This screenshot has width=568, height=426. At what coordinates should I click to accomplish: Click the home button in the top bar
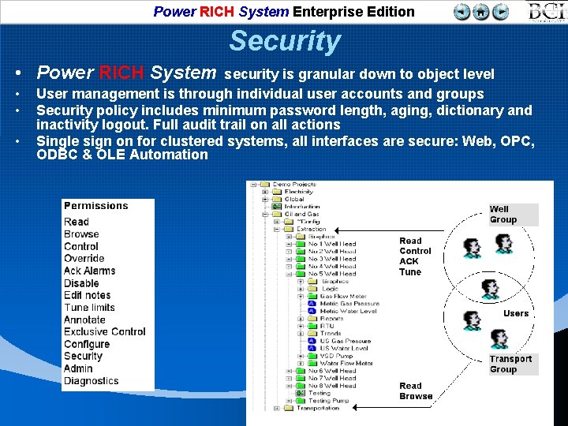pyautogui.click(x=480, y=12)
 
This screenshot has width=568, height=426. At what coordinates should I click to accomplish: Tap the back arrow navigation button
pyautogui.click(x=462, y=12)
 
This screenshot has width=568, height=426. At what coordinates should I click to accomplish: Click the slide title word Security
pyautogui.click(x=285, y=41)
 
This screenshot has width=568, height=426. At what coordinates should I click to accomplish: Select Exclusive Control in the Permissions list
pyautogui.click(x=105, y=332)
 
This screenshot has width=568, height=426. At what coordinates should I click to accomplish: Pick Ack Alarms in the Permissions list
pyautogui.click(x=89, y=271)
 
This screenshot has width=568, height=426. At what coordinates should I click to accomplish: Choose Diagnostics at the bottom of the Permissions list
pyautogui.click(x=91, y=381)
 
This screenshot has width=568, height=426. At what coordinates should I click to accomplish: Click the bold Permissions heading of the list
pyautogui.click(x=95, y=206)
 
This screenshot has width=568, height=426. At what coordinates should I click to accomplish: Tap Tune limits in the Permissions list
pyautogui.click(x=89, y=308)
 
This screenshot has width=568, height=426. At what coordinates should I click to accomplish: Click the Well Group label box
pyautogui.click(x=503, y=215)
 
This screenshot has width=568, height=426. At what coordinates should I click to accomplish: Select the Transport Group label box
pyautogui.click(x=510, y=364)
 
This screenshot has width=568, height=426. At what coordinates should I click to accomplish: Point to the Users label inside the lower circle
pyautogui.click(x=516, y=313)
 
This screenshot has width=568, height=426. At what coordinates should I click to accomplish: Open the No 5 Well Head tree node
pyautogui.click(x=331, y=274)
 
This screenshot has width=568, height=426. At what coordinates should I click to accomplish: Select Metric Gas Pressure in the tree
pyautogui.click(x=349, y=304)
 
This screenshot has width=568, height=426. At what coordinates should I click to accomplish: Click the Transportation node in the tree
pyautogui.click(x=318, y=408)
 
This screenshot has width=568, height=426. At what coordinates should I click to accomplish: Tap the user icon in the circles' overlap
pyautogui.click(x=473, y=319)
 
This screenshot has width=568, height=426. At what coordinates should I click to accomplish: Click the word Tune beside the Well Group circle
pyautogui.click(x=410, y=272)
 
